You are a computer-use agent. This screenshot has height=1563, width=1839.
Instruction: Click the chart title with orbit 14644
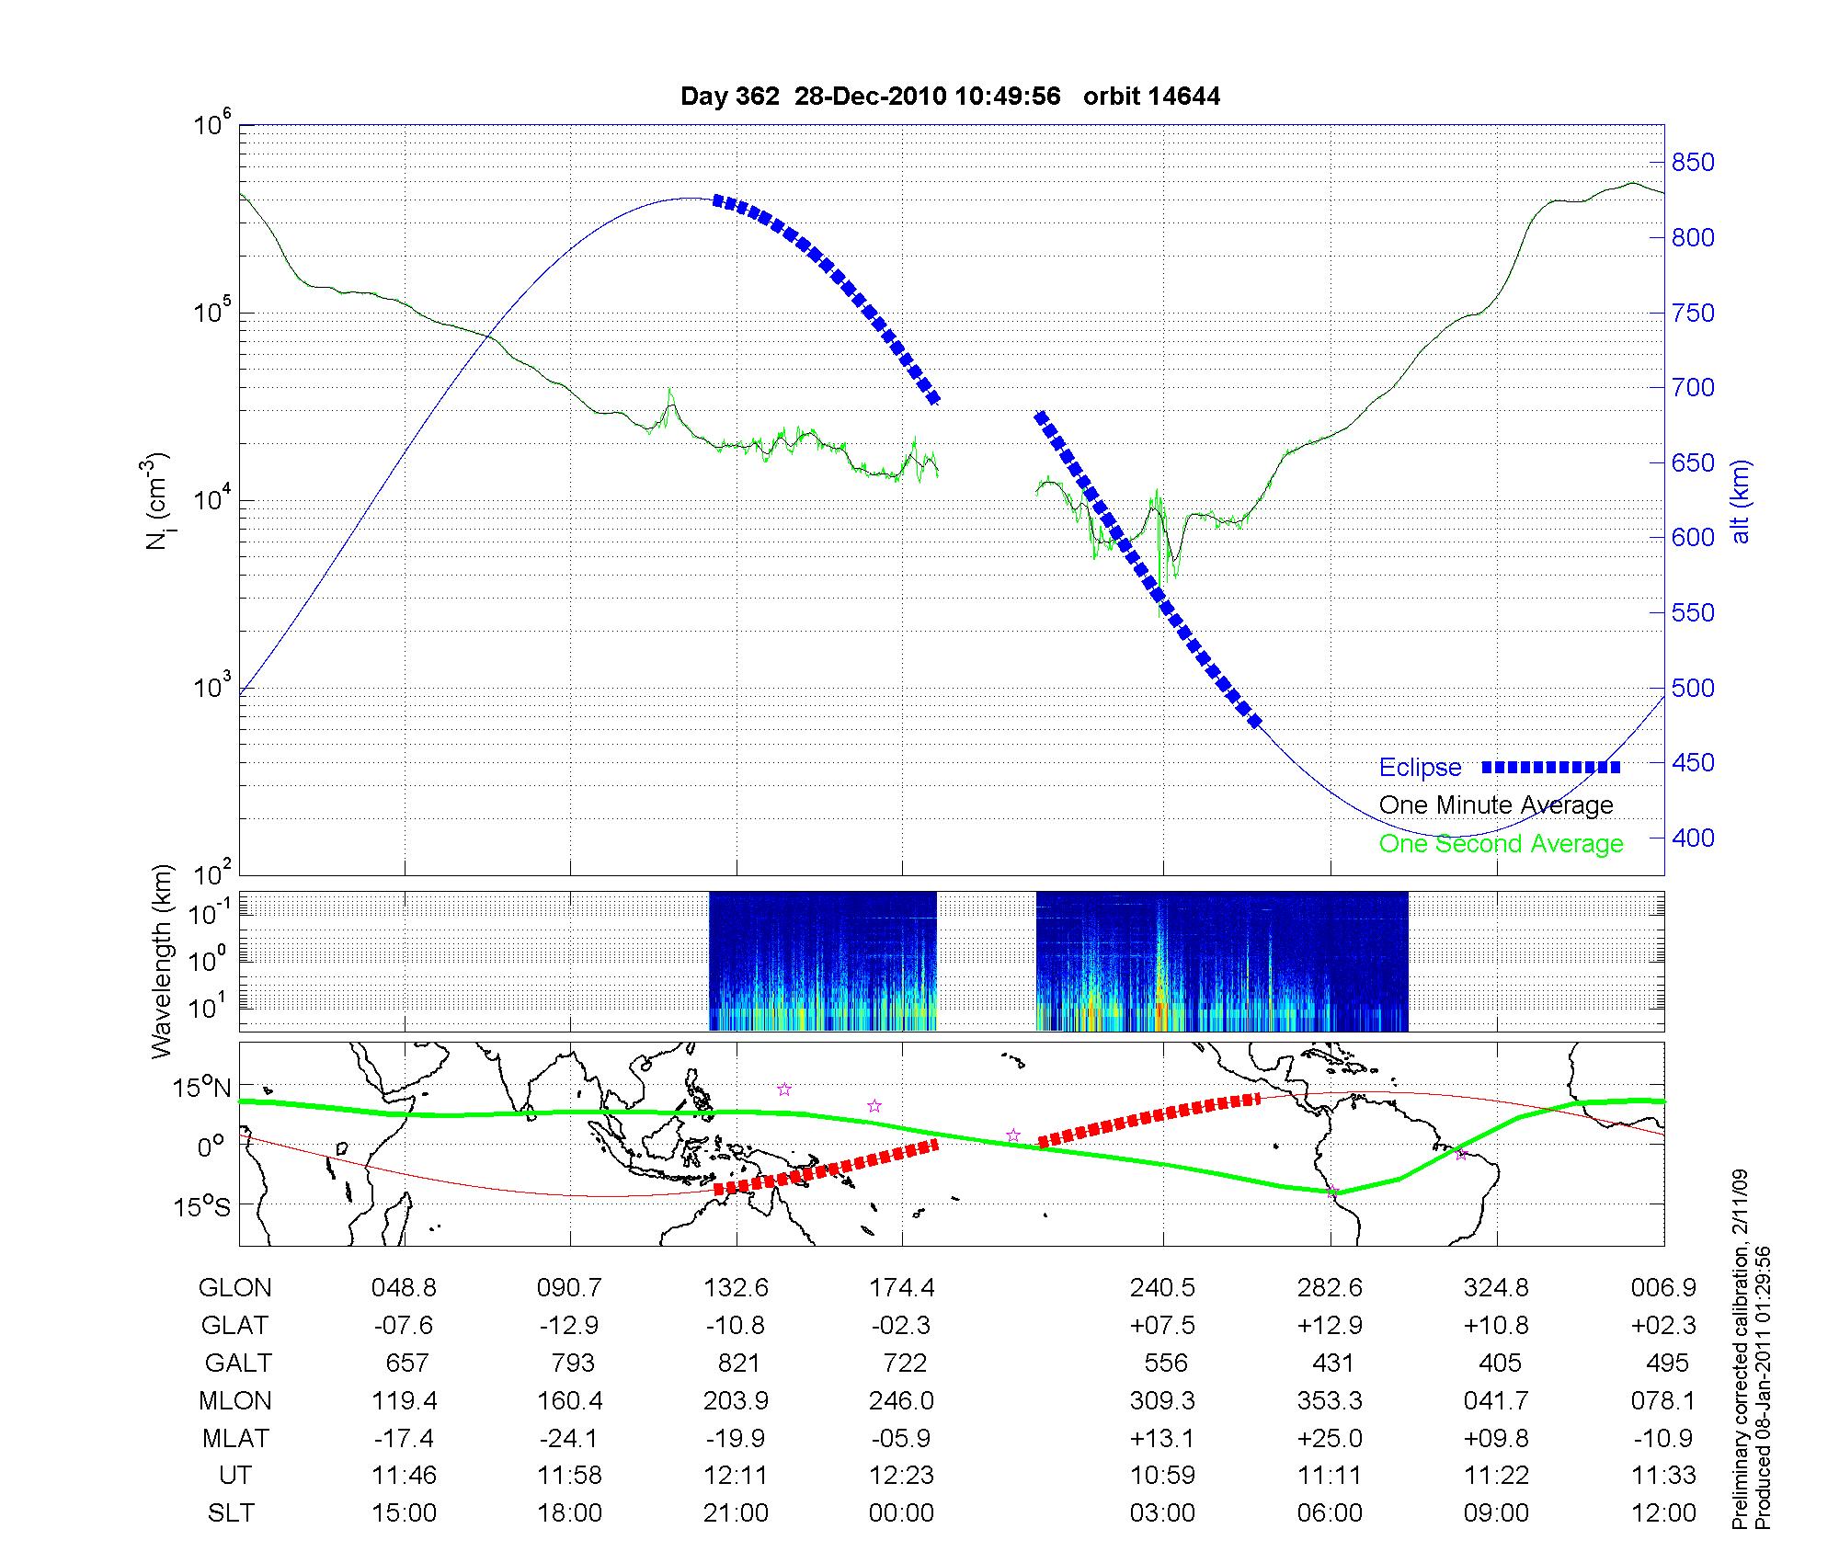click(x=950, y=97)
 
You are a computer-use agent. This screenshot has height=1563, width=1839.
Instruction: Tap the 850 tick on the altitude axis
click(x=1692, y=163)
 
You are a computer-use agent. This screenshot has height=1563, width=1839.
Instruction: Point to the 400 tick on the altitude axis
click(x=1692, y=838)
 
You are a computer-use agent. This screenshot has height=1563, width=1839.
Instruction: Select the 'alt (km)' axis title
click(x=1741, y=501)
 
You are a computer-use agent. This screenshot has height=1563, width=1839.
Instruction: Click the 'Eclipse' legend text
click(x=1420, y=768)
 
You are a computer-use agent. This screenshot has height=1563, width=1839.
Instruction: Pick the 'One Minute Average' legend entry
click(x=1496, y=805)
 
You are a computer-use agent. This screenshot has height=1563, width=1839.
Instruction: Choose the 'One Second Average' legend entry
click(x=1501, y=844)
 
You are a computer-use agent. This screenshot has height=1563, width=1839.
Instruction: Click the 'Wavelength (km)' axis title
click(x=163, y=962)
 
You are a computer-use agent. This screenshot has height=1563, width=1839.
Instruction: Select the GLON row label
click(x=234, y=1288)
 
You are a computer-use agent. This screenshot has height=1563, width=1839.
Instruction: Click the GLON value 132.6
click(x=736, y=1288)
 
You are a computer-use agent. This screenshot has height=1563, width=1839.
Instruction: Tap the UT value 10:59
click(x=1162, y=1476)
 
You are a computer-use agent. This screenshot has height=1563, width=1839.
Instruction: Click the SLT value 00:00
click(x=901, y=1513)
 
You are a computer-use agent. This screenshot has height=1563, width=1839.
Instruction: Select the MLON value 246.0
click(x=901, y=1400)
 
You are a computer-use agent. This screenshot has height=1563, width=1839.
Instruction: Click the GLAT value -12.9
click(x=569, y=1325)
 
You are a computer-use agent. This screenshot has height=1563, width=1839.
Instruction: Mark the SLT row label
click(x=231, y=1513)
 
